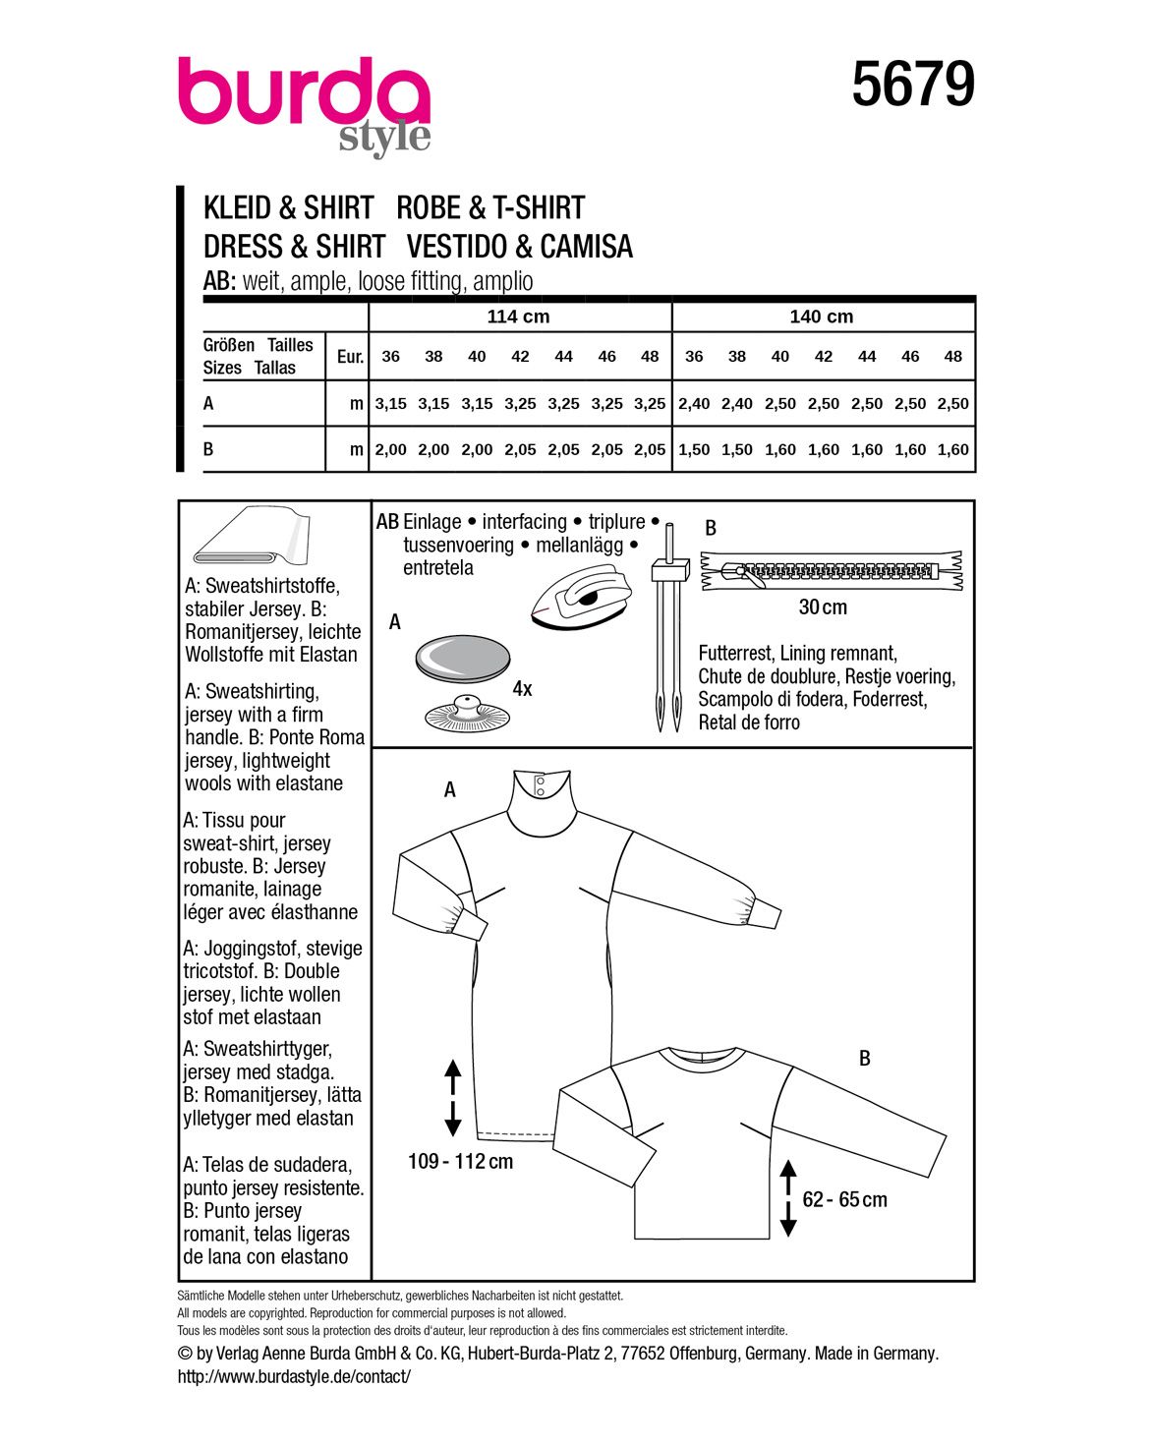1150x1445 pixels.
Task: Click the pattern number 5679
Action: (x=912, y=85)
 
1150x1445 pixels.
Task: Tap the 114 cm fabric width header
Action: (x=518, y=317)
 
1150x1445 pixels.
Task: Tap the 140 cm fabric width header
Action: (x=822, y=317)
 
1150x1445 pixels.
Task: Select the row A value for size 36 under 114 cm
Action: (x=390, y=404)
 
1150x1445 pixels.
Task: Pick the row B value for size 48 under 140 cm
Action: (x=952, y=450)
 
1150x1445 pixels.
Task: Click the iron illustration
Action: (x=579, y=598)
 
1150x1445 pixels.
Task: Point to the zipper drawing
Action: (x=831, y=571)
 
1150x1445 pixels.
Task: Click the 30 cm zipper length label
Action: (x=823, y=607)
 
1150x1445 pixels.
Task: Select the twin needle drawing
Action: (x=667, y=639)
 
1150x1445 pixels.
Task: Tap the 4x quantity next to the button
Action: (x=522, y=689)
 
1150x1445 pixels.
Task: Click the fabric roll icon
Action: (x=251, y=539)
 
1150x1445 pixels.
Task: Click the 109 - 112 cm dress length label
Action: (x=460, y=1162)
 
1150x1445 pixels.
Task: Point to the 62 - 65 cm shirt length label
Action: (x=844, y=1200)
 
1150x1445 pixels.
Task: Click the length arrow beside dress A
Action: (x=452, y=1098)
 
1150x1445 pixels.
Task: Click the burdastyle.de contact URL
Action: (x=294, y=1377)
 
